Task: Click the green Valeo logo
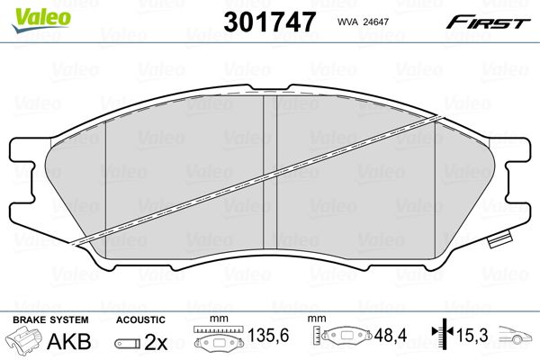[x=41, y=20]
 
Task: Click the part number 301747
[x=269, y=22]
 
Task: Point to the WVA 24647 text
[x=363, y=22]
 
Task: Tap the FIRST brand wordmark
[x=488, y=22]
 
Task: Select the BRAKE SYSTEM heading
[x=50, y=319]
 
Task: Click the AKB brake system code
[x=69, y=341]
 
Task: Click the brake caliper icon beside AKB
[x=24, y=339]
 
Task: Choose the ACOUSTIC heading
[x=140, y=319]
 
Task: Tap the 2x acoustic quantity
[x=156, y=342]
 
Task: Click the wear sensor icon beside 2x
[x=128, y=344]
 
